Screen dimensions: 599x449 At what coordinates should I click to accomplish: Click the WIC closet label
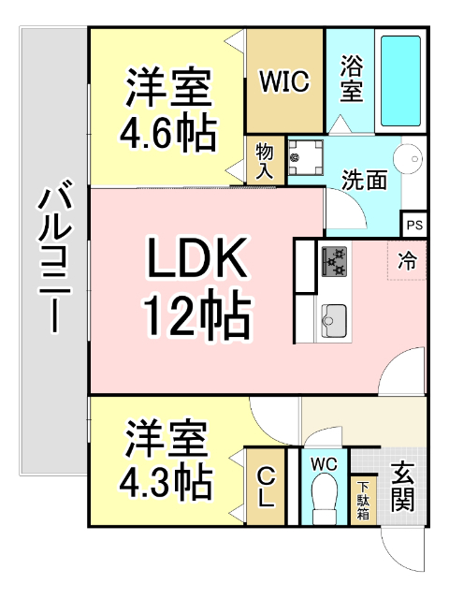pos(284,82)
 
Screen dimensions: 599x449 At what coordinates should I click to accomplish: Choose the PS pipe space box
pos(413,225)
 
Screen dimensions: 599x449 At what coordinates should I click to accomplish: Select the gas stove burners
pos(334,260)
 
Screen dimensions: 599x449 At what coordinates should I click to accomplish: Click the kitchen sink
pos(334,322)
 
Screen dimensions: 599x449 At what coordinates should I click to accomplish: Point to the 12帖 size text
pos(196,318)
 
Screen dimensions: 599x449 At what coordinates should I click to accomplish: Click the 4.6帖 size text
pos(168,133)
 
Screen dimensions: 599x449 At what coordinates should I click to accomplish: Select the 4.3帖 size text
pos(164,482)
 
